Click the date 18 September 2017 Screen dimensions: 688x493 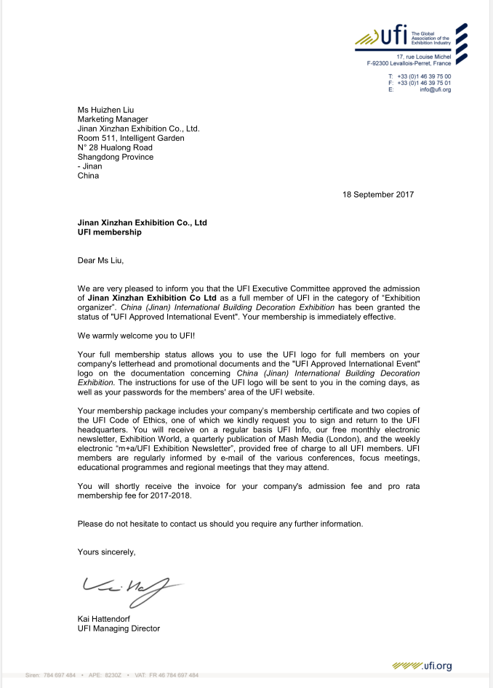[379, 194]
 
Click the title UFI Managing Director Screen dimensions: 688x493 [119, 628]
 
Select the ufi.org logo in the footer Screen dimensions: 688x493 [422, 665]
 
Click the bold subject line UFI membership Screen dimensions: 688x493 [110, 232]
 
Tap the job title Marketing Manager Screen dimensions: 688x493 [113, 119]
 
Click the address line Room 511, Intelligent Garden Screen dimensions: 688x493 [131, 138]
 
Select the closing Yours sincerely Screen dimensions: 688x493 [107, 552]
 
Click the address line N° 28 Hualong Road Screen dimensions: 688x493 [115, 147]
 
